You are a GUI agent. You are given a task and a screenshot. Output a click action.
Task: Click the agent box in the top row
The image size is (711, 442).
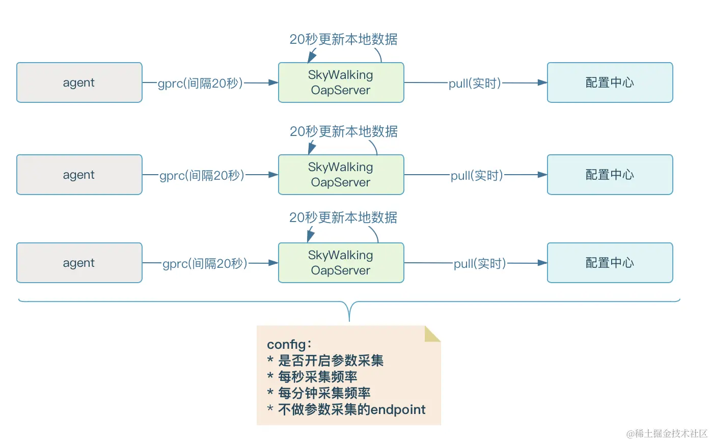[79, 82]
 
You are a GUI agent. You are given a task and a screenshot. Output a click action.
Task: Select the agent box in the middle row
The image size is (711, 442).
[79, 175]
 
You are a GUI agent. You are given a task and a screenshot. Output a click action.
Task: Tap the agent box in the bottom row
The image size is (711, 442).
[79, 263]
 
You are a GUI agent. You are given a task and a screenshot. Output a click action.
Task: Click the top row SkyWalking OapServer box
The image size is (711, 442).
[341, 82]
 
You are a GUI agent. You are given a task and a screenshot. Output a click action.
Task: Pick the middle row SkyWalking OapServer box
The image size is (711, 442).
[341, 175]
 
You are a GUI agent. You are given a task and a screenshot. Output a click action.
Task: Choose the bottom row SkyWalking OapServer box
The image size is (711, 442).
[341, 263]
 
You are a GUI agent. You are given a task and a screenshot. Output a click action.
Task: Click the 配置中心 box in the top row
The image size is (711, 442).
[610, 82]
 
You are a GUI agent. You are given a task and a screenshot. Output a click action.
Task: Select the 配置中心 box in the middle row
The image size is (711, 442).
[610, 175]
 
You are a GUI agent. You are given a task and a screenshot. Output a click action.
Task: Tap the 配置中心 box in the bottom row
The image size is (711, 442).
[610, 263]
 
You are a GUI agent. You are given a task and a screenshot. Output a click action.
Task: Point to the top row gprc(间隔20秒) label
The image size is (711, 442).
[200, 83]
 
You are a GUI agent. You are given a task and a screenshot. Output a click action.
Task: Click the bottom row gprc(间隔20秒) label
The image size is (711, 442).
[205, 263]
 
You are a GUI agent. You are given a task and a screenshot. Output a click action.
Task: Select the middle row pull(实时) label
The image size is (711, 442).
[477, 175]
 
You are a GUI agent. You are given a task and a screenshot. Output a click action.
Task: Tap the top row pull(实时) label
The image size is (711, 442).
[475, 83]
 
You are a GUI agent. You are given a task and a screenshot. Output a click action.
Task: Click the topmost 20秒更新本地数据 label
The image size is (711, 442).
[343, 39]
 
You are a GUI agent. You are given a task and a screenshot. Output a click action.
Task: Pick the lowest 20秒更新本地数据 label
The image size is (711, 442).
[343, 218]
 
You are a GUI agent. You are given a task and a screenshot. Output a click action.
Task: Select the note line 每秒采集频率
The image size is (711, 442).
[318, 377]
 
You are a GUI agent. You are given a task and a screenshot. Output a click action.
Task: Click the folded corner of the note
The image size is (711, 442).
[432, 334]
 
